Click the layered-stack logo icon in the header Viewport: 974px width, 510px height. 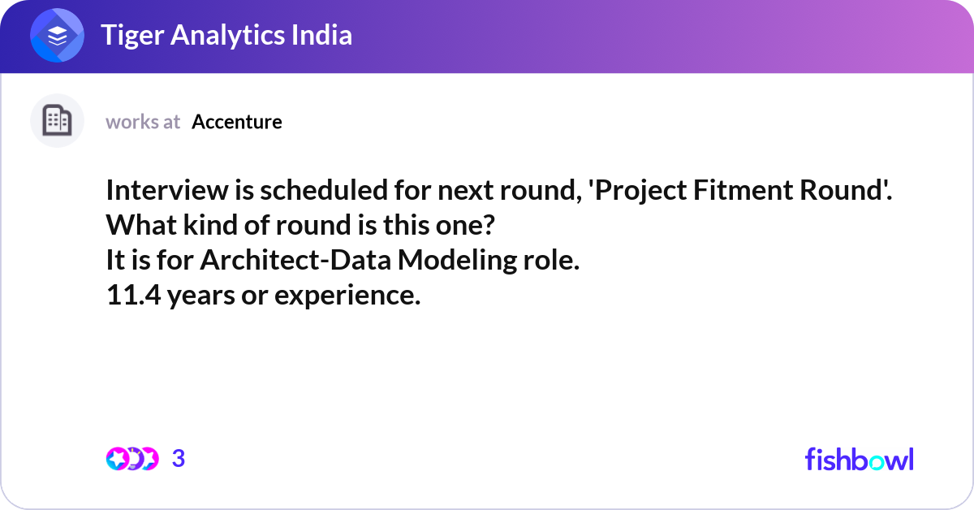[57, 35]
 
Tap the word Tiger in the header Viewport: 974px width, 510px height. [132, 36]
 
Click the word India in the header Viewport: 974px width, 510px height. [321, 34]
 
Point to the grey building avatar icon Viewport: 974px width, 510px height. [57, 120]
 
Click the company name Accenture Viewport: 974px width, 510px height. [237, 122]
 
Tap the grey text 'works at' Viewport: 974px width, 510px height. [143, 122]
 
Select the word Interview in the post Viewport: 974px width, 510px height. [167, 190]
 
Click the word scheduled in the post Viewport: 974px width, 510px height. [324, 190]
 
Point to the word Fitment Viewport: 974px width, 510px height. [743, 190]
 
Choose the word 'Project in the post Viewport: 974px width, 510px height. [637, 192]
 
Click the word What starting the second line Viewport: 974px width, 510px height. [141, 225]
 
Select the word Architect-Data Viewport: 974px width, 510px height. [295, 260]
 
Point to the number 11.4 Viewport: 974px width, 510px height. [133, 295]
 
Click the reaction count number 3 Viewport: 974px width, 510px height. [179, 459]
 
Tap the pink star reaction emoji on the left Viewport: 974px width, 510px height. [117, 459]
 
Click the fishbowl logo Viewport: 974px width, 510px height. [860, 459]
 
